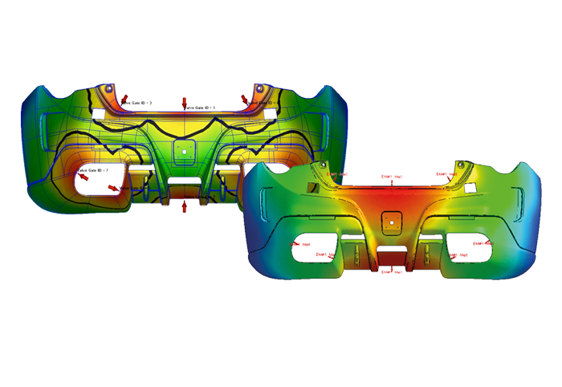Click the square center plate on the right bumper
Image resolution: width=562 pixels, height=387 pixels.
pyautogui.click(x=392, y=220)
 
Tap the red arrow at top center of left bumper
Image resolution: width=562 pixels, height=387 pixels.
pyautogui.click(x=185, y=104)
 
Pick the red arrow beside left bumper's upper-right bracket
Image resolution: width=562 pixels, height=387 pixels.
pyautogui.click(x=244, y=98)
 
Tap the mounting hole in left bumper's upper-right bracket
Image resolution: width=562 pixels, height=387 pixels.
pyautogui.click(x=260, y=87)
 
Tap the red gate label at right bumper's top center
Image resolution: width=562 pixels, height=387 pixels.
pyautogui.click(x=391, y=176)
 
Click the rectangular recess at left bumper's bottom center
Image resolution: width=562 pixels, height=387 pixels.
pyautogui.click(x=185, y=189)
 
